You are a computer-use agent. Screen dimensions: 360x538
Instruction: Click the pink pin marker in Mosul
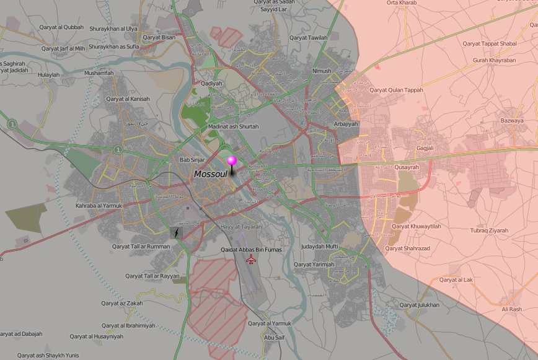click(232, 161)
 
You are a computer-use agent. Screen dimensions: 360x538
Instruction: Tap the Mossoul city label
click(209, 174)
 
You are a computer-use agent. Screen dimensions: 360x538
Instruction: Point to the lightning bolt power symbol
click(177, 233)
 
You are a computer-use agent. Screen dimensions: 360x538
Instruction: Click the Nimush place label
click(322, 71)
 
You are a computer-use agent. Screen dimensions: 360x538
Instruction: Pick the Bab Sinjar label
click(192, 160)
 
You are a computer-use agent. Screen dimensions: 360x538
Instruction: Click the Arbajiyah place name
click(346, 124)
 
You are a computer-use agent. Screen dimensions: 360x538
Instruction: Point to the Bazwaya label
click(511, 120)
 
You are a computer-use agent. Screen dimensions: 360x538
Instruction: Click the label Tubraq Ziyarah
click(488, 230)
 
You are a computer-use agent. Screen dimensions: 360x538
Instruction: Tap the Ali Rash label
click(511, 309)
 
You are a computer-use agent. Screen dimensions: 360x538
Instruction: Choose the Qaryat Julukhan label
click(419, 305)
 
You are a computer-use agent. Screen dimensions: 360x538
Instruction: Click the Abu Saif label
click(274, 337)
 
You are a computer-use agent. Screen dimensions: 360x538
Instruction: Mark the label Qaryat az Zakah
click(122, 303)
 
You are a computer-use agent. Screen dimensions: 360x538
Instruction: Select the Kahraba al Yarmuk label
click(99, 205)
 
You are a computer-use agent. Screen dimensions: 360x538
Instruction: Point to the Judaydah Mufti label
click(319, 247)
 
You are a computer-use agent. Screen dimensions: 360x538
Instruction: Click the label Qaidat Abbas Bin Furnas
click(251, 249)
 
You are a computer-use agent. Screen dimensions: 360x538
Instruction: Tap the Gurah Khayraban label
click(494, 60)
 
